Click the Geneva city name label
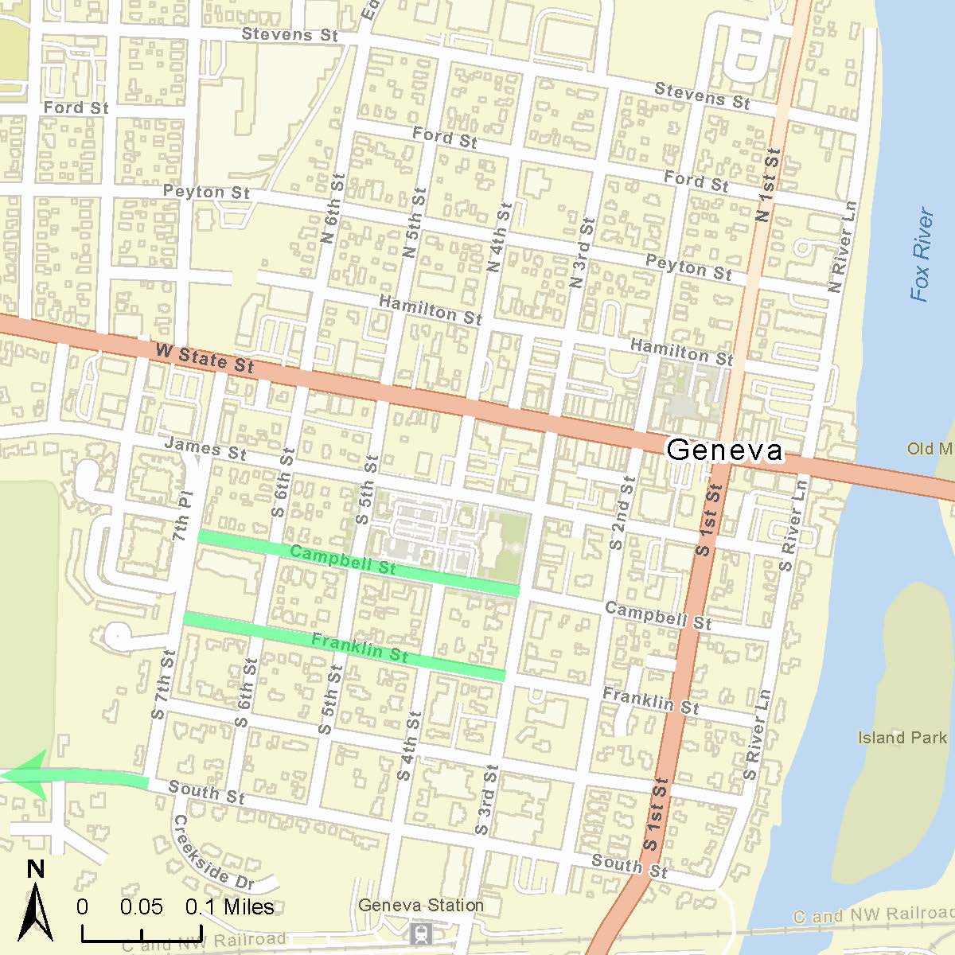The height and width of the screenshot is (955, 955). [724, 450]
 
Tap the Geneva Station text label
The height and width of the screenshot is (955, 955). [420, 905]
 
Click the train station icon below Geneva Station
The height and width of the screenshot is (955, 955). [420, 932]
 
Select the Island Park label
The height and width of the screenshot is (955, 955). [902, 738]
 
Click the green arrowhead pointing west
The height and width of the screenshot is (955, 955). [32, 774]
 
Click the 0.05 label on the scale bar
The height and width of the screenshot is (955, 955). [142, 907]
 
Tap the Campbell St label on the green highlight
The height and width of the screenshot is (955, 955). [342, 559]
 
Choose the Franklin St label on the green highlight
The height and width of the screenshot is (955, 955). [360, 648]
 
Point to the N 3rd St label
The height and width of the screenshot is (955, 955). [583, 253]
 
